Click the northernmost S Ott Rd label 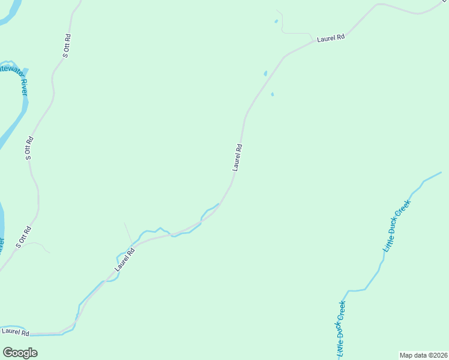point(67,46)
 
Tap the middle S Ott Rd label point(29,148)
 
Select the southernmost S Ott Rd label point(23,236)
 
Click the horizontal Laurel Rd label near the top point(331,38)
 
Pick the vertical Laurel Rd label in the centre point(238,157)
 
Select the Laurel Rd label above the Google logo point(15,331)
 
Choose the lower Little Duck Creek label point(340,328)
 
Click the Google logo point(20,352)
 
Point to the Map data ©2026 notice point(424,355)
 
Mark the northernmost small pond point(276,22)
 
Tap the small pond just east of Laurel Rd point(273,94)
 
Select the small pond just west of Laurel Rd point(265,74)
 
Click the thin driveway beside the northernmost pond point(294,33)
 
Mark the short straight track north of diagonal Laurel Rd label point(128,232)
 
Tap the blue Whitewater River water point(18,123)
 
